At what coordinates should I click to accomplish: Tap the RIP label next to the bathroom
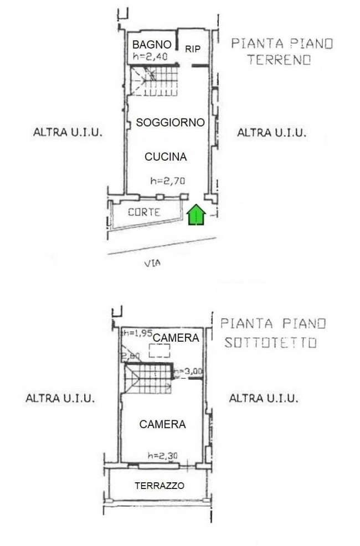[192, 49]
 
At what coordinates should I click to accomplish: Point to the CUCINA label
[166, 157]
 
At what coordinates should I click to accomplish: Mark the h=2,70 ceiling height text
[167, 181]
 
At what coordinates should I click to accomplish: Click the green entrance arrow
[197, 215]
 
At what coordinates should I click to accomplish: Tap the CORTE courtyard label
[144, 212]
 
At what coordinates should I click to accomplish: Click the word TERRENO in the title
[279, 61]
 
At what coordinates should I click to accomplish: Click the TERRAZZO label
[160, 486]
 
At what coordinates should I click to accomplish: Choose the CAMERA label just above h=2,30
[162, 425]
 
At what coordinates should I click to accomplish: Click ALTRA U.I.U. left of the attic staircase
[61, 398]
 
